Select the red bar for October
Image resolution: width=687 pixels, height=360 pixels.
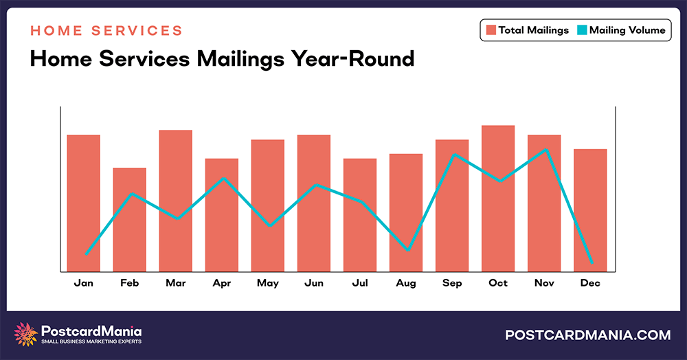pos(498,206)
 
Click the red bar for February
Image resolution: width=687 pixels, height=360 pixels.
pos(130,227)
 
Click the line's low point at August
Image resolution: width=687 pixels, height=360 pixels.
pos(408,250)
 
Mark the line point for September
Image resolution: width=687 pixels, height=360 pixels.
pos(453,155)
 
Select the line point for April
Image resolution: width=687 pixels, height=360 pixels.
pos(223,179)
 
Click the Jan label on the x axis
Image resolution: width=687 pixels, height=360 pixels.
pos(83,283)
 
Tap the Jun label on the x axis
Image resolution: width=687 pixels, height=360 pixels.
pos(314,283)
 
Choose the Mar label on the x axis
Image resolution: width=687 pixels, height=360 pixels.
pos(175,283)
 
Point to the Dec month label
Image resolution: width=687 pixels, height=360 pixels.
pos(590,283)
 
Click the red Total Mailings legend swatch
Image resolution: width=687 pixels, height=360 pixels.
pos(491,30)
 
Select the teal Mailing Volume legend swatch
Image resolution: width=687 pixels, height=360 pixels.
pos(581,30)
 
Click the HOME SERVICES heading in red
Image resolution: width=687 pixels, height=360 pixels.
pos(106,31)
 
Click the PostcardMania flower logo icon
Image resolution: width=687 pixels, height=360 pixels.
pos(26,334)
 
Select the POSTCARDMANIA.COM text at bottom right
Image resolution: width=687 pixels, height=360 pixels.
pos(587,335)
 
